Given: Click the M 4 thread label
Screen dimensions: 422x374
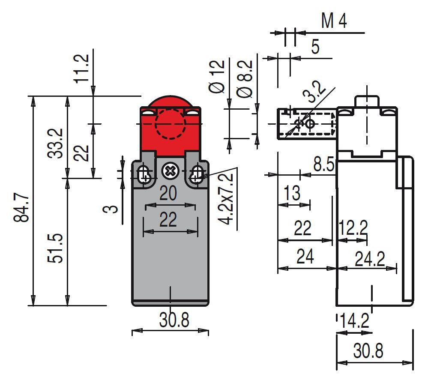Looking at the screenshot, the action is [x=334, y=21].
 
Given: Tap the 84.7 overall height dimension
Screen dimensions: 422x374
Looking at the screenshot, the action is [x=21, y=207].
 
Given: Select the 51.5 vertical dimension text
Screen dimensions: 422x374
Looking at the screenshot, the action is [x=55, y=248].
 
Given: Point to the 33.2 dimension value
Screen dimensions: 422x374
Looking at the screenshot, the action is [x=55, y=143].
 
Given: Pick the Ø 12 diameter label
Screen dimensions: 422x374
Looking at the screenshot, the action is [x=217, y=77].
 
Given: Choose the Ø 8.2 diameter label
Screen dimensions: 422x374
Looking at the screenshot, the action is [x=245, y=78].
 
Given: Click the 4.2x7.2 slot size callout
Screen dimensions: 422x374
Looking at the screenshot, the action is [x=225, y=199].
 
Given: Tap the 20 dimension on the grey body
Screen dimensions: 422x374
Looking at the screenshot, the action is [x=168, y=193].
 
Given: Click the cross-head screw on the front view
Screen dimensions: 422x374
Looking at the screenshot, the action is [x=170, y=171].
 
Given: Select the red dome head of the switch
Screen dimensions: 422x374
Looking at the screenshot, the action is [x=170, y=126].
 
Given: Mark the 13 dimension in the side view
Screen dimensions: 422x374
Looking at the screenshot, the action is [x=292, y=193].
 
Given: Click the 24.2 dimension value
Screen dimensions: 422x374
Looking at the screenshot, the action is [x=370, y=259].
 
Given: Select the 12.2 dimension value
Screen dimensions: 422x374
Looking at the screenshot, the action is [x=353, y=227].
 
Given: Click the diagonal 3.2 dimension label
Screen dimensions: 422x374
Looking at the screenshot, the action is [x=314, y=92].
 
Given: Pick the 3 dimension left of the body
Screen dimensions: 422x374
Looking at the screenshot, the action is [x=111, y=209].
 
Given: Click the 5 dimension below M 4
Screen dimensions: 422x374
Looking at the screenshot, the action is [x=315, y=47].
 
